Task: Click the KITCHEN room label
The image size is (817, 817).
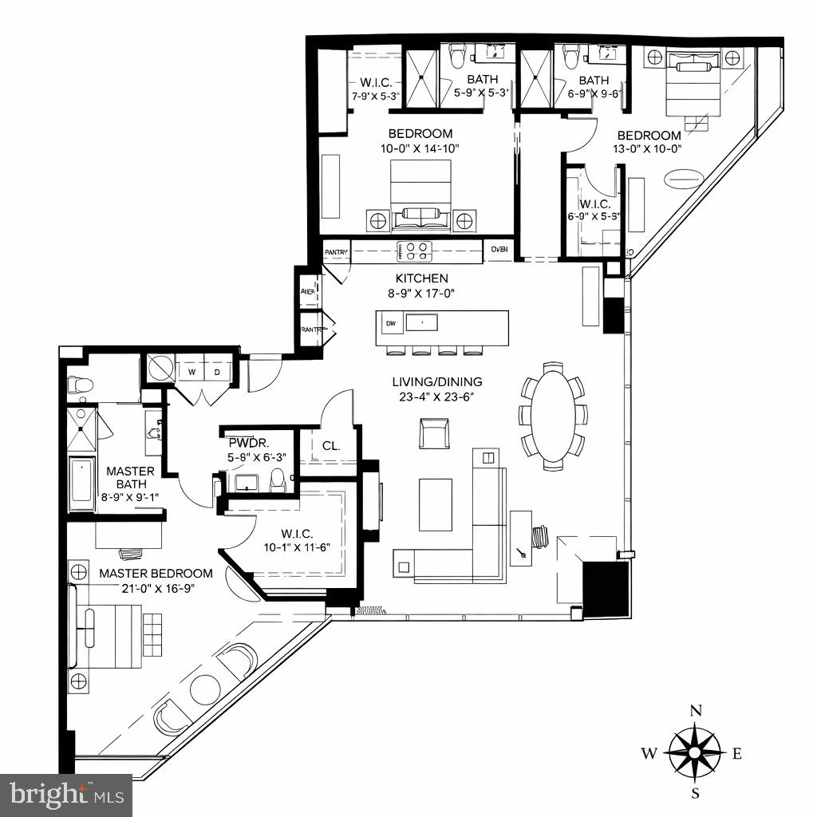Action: (422, 278)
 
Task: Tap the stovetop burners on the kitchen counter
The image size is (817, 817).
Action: (415, 252)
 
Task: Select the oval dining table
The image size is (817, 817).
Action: (554, 416)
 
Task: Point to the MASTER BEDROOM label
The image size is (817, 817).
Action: (156, 573)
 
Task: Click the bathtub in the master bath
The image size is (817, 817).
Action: (81, 483)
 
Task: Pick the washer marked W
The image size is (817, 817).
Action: (191, 372)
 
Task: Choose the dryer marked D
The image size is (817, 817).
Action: (216, 372)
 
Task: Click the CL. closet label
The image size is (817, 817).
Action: (331, 446)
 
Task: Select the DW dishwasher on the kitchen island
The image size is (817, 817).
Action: (391, 323)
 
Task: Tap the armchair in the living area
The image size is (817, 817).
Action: (435, 432)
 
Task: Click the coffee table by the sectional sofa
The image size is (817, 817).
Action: (436, 504)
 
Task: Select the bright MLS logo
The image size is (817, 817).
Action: (67, 795)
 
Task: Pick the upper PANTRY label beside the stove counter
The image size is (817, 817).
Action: (336, 253)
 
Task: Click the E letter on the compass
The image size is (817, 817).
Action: (737, 753)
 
